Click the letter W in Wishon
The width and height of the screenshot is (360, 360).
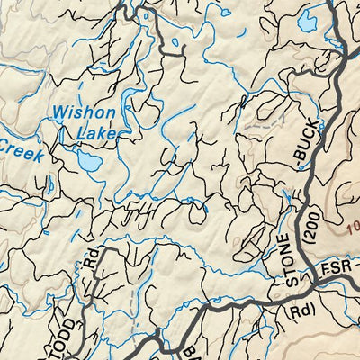click(59, 113)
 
